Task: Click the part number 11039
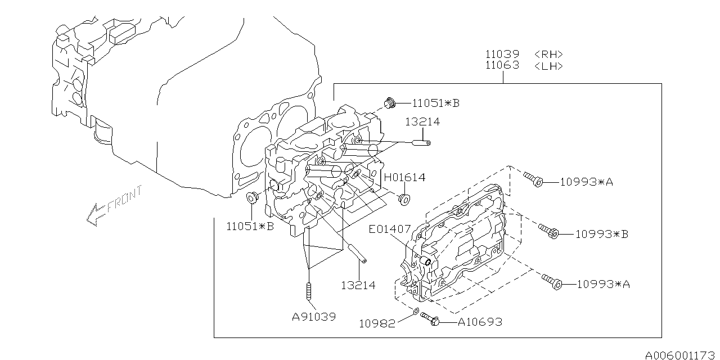(x=503, y=55)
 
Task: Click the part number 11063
(x=503, y=66)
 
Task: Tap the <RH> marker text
(x=548, y=55)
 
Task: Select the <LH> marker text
(x=548, y=66)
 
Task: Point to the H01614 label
(x=404, y=178)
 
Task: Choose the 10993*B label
(x=601, y=234)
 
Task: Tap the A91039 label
(x=314, y=317)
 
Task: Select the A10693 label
(x=480, y=322)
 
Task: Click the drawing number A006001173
(x=681, y=355)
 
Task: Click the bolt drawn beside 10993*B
(x=549, y=231)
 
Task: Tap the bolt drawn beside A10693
(x=430, y=319)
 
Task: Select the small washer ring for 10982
(x=415, y=311)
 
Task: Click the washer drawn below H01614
(x=403, y=199)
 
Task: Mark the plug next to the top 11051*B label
(x=390, y=103)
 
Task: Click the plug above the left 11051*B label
(x=253, y=198)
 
